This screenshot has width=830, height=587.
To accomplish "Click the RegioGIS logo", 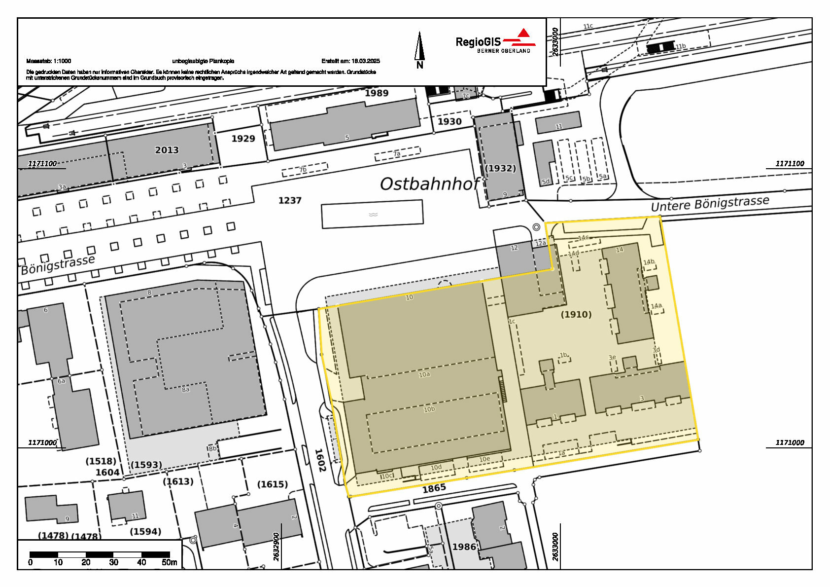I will (x=494, y=41).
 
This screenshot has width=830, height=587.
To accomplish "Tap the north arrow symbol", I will (x=419, y=49).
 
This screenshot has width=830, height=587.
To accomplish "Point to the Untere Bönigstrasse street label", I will (x=710, y=204).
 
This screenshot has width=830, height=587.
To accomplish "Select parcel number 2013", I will (x=167, y=150).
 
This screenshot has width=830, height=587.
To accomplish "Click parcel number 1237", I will (x=290, y=200).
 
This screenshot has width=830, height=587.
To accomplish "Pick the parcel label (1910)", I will (x=576, y=314).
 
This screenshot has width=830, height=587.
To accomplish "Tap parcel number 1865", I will (x=434, y=488).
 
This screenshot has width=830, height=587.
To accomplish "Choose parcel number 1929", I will (x=243, y=139).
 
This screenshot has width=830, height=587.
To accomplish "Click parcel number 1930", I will (x=450, y=121).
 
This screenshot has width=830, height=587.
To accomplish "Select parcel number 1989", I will (x=377, y=93).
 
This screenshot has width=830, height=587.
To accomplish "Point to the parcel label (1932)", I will (x=500, y=168).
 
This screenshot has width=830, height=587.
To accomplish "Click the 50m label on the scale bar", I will (x=169, y=562).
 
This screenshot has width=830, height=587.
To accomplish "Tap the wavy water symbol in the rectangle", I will (x=373, y=215).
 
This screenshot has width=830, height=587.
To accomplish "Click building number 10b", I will (x=429, y=409).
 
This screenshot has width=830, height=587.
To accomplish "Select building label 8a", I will (x=185, y=390).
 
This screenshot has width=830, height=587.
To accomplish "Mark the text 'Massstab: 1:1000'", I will (x=49, y=61).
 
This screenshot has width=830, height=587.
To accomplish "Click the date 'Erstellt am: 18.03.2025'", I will (x=350, y=61).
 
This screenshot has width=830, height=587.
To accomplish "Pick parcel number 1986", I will (x=464, y=547).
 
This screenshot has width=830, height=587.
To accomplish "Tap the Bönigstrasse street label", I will (x=58, y=265).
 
